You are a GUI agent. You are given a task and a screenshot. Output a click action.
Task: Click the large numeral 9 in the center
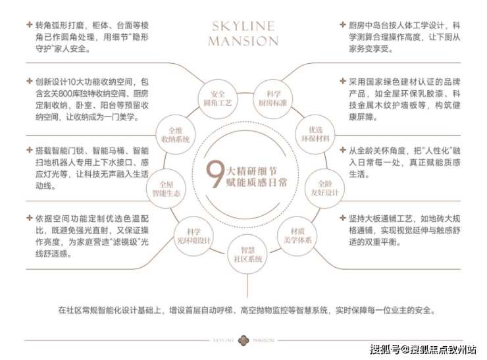[x=215, y=174]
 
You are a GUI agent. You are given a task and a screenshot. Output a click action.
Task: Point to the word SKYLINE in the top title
[x=244, y=26]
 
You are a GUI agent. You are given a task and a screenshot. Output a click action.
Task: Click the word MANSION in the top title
[x=244, y=41]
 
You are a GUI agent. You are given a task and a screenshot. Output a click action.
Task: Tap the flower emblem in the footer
[x=244, y=340]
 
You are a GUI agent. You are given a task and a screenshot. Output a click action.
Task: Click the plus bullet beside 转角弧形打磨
[x=30, y=24]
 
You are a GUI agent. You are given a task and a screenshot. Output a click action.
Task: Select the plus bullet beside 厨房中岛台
[x=343, y=24]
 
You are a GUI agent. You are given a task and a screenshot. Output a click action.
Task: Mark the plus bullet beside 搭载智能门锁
[x=30, y=150]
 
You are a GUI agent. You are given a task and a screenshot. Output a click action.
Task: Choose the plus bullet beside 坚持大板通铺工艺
[x=343, y=218]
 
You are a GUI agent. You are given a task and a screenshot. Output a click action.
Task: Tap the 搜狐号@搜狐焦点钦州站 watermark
[x=423, y=349]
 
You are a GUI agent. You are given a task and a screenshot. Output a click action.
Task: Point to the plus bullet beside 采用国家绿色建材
[x=343, y=81]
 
